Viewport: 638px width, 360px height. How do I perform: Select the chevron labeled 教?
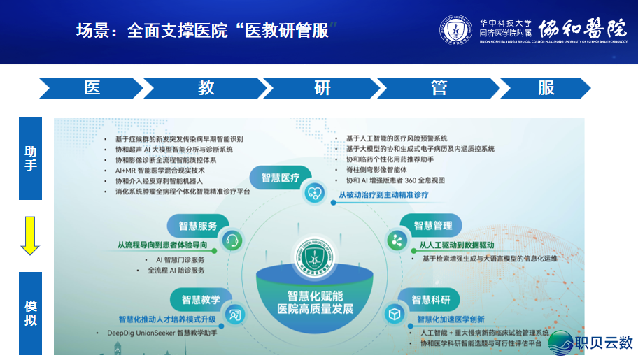pyautogui.click(x=206, y=88)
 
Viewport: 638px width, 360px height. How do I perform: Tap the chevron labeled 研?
pyautogui.click(x=322, y=88)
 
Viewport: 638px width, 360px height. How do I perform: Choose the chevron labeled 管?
pyautogui.click(x=439, y=88)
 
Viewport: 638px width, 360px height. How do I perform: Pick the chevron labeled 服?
pyautogui.click(x=546, y=88)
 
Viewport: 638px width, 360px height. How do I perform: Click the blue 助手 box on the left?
pyautogui.click(x=30, y=159)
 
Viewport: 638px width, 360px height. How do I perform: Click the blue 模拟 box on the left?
pyautogui.click(x=30, y=313)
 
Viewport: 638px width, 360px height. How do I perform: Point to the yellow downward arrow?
pyautogui.click(x=30, y=236)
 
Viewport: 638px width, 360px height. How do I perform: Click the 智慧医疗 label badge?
pyautogui.click(x=281, y=178)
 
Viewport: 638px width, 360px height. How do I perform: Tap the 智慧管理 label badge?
pyautogui.click(x=432, y=225)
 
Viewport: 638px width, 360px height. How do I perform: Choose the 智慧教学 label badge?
pyautogui.click(x=201, y=300)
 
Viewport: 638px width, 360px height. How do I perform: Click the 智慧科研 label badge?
pyautogui.click(x=430, y=300)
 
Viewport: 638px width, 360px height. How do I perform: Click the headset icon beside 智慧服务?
pyautogui.click(x=232, y=241)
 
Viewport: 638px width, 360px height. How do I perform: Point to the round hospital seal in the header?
pyautogui.click(x=455, y=31)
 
